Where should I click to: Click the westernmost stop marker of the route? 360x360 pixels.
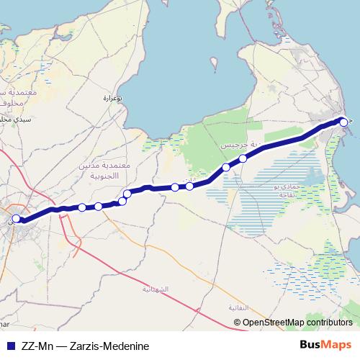(17, 219)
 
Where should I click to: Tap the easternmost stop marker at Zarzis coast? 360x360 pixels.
(343, 122)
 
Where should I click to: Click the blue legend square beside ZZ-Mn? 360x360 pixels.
(9, 346)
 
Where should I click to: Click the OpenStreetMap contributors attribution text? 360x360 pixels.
(297, 323)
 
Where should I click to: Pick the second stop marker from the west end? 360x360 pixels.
(82, 207)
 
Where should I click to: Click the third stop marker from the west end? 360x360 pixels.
(99, 207)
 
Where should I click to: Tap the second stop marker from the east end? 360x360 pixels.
(243, 158)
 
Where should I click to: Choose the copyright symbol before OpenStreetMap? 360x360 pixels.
(237, 323)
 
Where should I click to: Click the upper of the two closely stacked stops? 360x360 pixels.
(127, 193)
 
